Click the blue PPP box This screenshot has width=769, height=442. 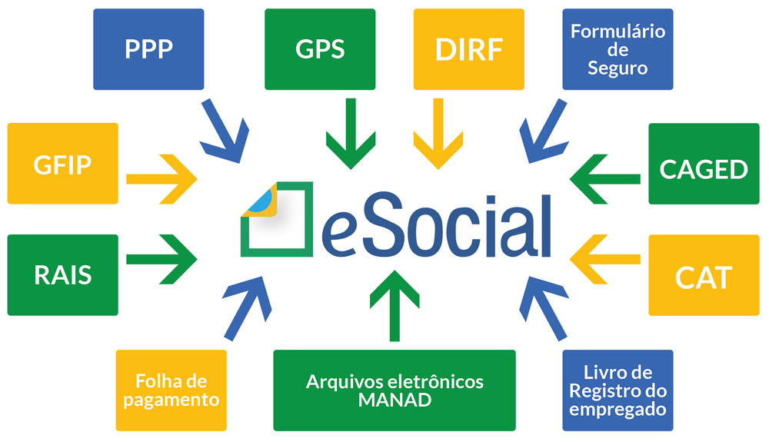pos(148,49)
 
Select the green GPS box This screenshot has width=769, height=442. pos(320,49)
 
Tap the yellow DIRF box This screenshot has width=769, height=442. pos(469,49)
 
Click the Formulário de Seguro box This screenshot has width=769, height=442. pos(618,49)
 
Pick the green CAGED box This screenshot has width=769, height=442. pos(704,164)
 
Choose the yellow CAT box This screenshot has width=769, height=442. pos(704,275)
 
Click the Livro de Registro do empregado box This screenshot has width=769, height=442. pos(618,390)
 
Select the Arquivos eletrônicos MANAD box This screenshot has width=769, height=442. pos(394,390)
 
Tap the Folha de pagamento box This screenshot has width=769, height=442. pos(171,390)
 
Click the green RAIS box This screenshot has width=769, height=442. pos(63,275)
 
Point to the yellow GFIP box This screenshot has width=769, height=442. pos(63,163)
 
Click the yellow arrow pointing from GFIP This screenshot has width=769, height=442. pos(161,179)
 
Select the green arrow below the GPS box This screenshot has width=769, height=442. pos(351,134)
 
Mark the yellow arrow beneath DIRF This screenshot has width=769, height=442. pos(438,134)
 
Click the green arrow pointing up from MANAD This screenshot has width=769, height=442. pos(394,306)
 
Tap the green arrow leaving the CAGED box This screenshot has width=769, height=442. pos(604,179)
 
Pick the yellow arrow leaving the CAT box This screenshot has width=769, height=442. pos(604,259)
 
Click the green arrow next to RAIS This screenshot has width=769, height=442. pos(161,259)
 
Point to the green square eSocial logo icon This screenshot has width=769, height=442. pos(277,219)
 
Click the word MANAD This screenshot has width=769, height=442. pos(394,400)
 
